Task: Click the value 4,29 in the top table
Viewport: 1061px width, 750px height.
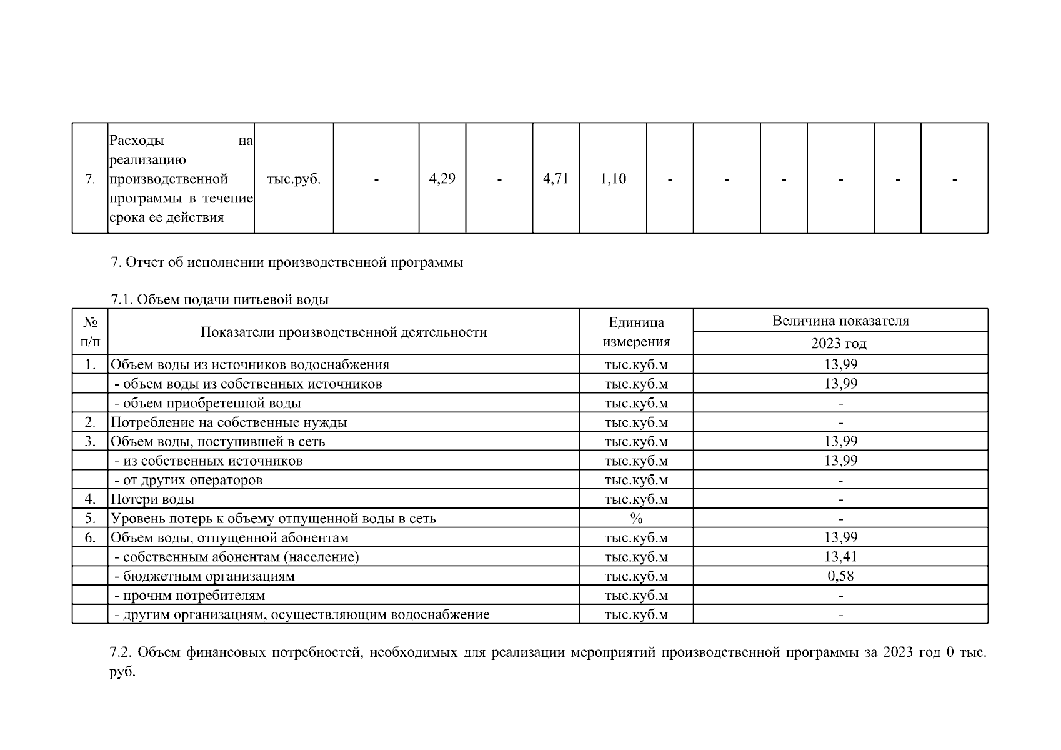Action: [442, 179]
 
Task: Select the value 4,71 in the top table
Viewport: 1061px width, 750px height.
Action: [555, 179]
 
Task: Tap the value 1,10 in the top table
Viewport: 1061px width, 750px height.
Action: [613, 179]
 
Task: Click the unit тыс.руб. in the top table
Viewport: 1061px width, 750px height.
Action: [294, 179]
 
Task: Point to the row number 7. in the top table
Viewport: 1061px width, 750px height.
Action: [90, 179]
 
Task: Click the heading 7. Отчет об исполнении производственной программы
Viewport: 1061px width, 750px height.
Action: [287, 262]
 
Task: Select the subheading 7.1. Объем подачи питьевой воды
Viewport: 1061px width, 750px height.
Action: [219, 300]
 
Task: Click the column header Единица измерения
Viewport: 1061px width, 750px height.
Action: [636, 332]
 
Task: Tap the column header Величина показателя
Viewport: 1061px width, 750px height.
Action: [840, 321]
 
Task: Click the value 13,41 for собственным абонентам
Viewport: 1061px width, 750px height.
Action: [840, 557]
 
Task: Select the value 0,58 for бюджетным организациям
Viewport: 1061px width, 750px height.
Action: [840, 576]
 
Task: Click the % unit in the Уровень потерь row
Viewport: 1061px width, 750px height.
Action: [636, 519]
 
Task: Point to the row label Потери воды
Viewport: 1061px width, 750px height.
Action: [152, 499]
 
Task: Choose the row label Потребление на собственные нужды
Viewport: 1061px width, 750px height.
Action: [229, 422]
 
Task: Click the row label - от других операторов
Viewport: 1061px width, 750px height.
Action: [189, 480]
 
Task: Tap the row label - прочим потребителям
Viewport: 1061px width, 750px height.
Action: [190, 596]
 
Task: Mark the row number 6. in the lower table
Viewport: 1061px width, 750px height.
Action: [90, 538]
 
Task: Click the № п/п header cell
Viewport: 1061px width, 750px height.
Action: [90, 332]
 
